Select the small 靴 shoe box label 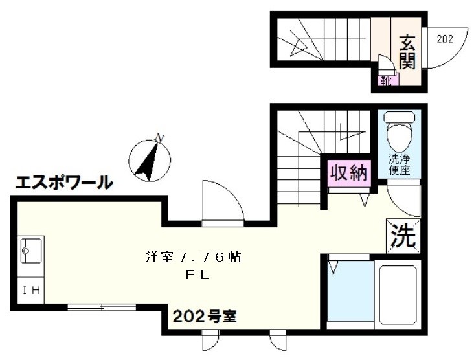387,80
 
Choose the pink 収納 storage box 349,173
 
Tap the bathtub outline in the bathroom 398,295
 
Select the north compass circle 149,160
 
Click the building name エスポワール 63,183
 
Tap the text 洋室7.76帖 193,257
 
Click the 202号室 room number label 203,317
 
